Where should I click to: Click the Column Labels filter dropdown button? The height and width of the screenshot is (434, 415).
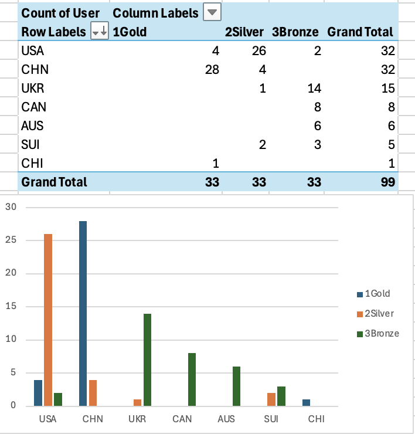[212, 12]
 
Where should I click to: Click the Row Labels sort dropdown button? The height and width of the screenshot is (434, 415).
[99, 32]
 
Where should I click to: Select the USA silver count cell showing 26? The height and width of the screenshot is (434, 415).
[258, 50]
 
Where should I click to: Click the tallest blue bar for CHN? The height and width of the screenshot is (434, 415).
[83, 313]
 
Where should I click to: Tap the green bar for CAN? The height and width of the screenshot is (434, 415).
[192, 379]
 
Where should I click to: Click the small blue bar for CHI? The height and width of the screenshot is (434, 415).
[306, 402]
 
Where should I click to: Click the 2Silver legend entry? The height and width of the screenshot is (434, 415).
[378, 314]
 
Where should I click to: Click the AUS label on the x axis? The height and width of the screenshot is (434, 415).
[226, 419]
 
